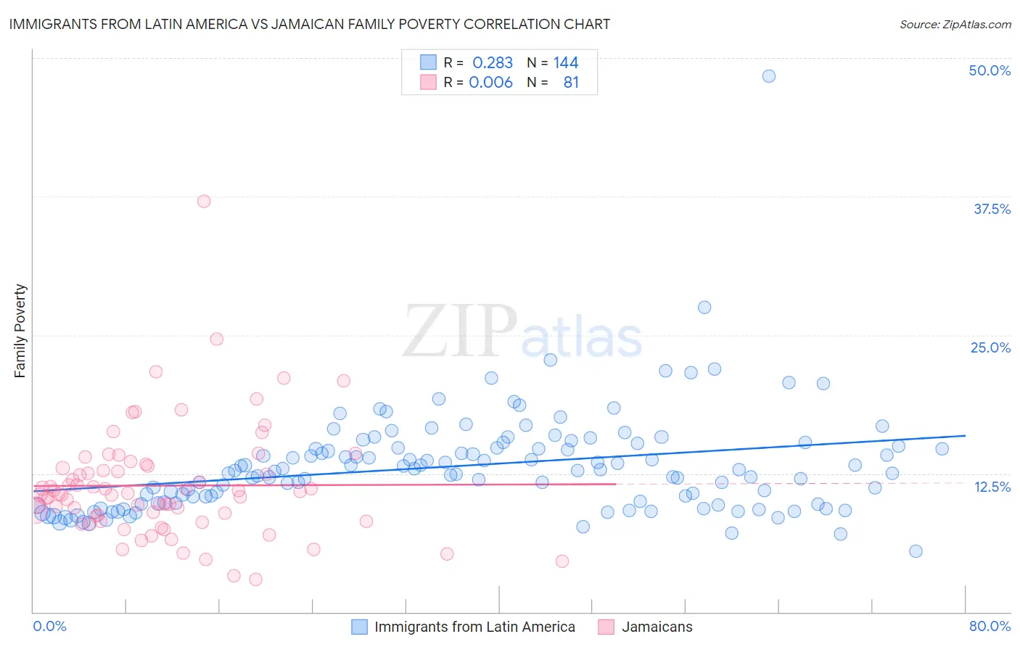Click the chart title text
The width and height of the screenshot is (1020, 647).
309,24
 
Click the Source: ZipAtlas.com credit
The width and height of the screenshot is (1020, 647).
955,24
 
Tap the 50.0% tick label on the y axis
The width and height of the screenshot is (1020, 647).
990,70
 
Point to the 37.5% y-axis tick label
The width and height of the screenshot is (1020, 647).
992,209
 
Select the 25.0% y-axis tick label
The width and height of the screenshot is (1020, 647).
990,347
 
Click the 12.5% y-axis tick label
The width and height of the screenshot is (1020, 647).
992,487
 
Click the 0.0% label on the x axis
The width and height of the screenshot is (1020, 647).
49,626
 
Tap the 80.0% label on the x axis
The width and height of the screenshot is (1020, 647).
990,626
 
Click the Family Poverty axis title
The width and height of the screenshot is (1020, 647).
20,331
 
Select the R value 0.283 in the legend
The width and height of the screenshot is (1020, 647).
492,62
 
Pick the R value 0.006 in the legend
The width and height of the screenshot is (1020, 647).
490,82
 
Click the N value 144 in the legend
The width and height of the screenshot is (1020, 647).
566,62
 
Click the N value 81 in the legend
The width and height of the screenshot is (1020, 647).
571,82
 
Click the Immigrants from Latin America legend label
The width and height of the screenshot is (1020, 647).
474,627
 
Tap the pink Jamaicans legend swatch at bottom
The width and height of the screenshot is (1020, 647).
606,627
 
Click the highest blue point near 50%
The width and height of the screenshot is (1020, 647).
769,76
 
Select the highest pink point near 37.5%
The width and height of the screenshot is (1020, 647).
204,201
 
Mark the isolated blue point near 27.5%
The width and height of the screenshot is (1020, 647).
704,308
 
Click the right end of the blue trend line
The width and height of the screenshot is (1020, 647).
965,435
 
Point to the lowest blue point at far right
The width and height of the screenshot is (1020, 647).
916,551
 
